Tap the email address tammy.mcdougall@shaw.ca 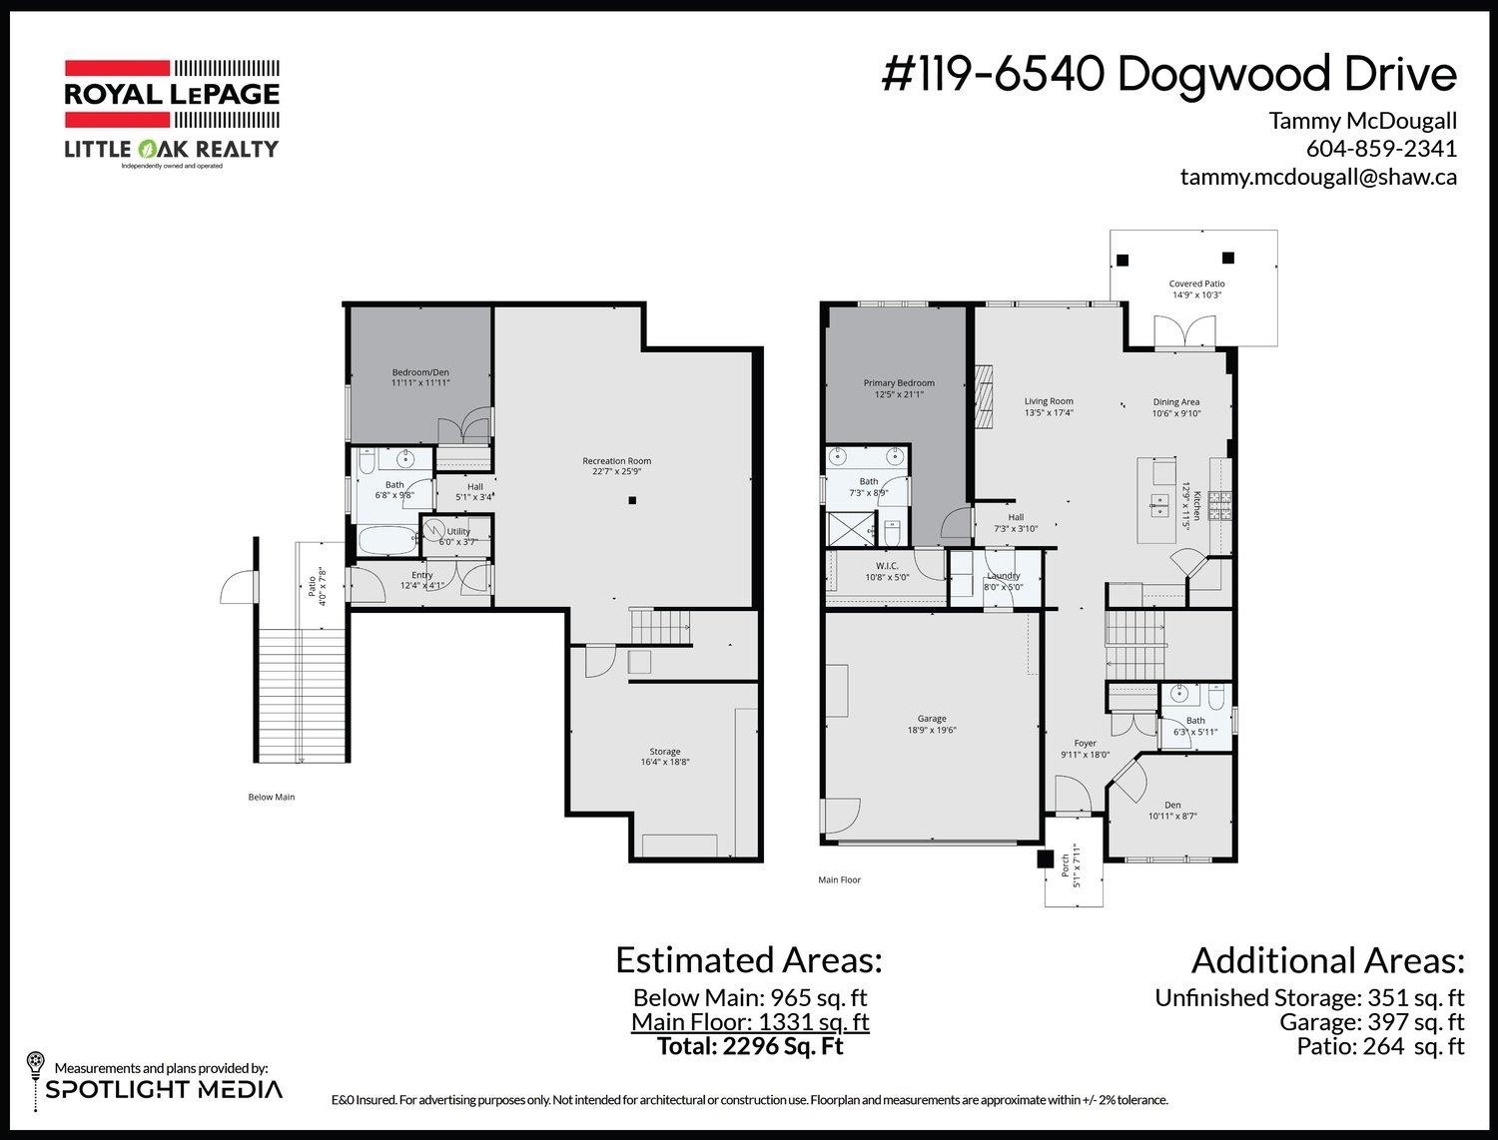(x=1318, y=177)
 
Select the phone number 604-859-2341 (x=1381, y=149)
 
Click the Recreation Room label (x=616, y=466)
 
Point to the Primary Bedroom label (x=899, y=388)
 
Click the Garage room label (x=932, y=724)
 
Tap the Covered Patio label (x=1196, y=289)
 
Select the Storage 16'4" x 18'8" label (x=665, y=757)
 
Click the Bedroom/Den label (x=420, y=377)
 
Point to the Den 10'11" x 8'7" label (x=1172, y=811)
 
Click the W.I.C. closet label (x=887, y=571)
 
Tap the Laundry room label (x=1003, y=581)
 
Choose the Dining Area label (x=1175, y=407)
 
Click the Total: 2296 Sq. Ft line (x=750, y=1046)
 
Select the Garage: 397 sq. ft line (x=1371, y=1022)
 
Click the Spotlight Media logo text (x=164, y=1089)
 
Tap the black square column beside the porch (x=1046, y=858)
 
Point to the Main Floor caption (x=839, y=879)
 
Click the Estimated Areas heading (x=748, y=960)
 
